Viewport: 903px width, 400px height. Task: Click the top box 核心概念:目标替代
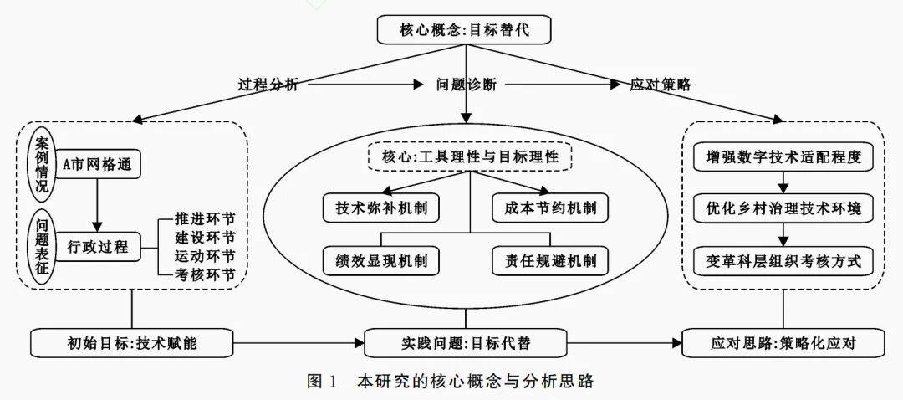tap(464, 31)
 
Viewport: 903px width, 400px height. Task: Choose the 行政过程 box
tap(98, 246)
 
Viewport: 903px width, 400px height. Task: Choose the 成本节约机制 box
tap(549, 207)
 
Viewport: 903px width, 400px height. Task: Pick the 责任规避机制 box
tap(549, 260)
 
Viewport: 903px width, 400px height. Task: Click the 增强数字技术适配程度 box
tap(783, 156)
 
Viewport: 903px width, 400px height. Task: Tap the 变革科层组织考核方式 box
tap(783, 260)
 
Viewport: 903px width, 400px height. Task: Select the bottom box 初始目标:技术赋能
tap(131, 342)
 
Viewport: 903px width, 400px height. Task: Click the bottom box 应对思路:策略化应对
tap(783, 342)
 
